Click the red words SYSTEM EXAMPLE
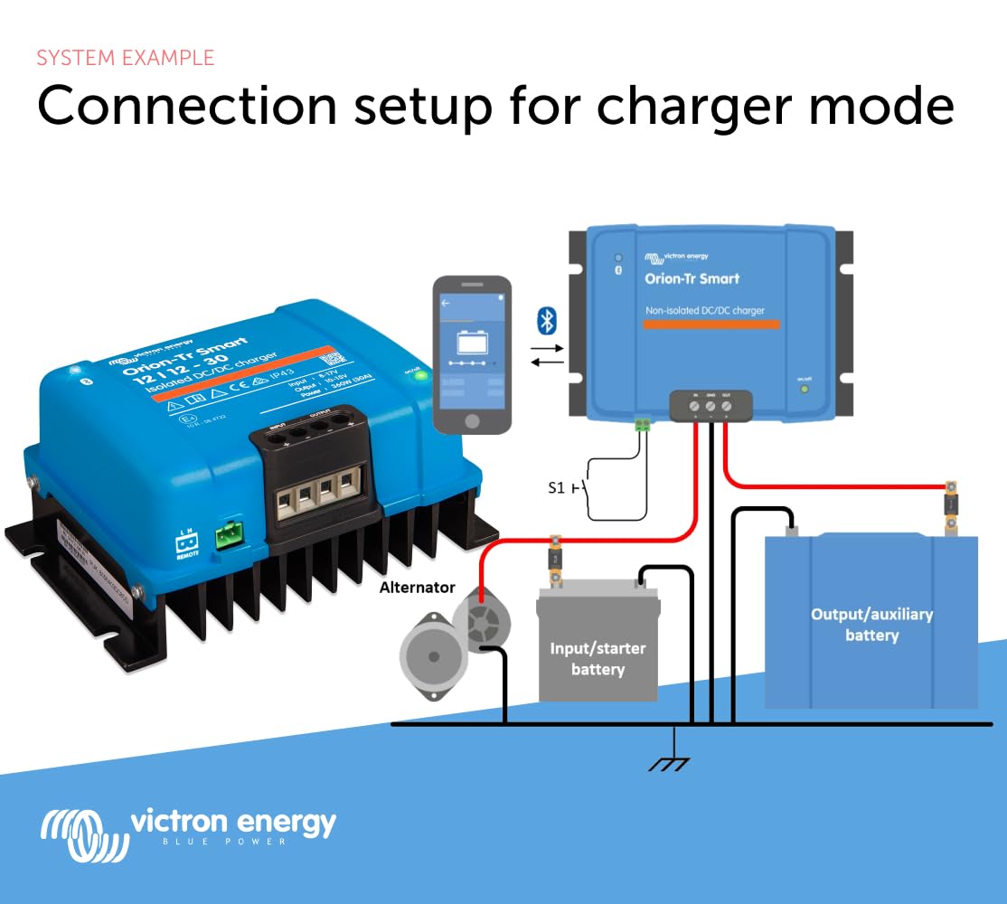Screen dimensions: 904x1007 [x=126, y=58]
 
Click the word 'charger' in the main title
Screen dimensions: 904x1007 [x=700, y=106]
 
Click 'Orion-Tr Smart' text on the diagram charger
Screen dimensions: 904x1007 [x=692, y=278]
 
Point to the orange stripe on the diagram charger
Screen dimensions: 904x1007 [x=704, y=324]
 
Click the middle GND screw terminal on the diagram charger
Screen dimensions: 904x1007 [x=711, y=407]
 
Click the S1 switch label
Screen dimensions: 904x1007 [x=557, y=487]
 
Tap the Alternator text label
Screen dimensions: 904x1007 [x=417, y=588]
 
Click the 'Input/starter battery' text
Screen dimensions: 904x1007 [x=598, y=659]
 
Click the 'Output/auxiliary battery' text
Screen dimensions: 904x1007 [x=871, y=625]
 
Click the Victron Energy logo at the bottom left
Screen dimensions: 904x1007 [x=187, y=828]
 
